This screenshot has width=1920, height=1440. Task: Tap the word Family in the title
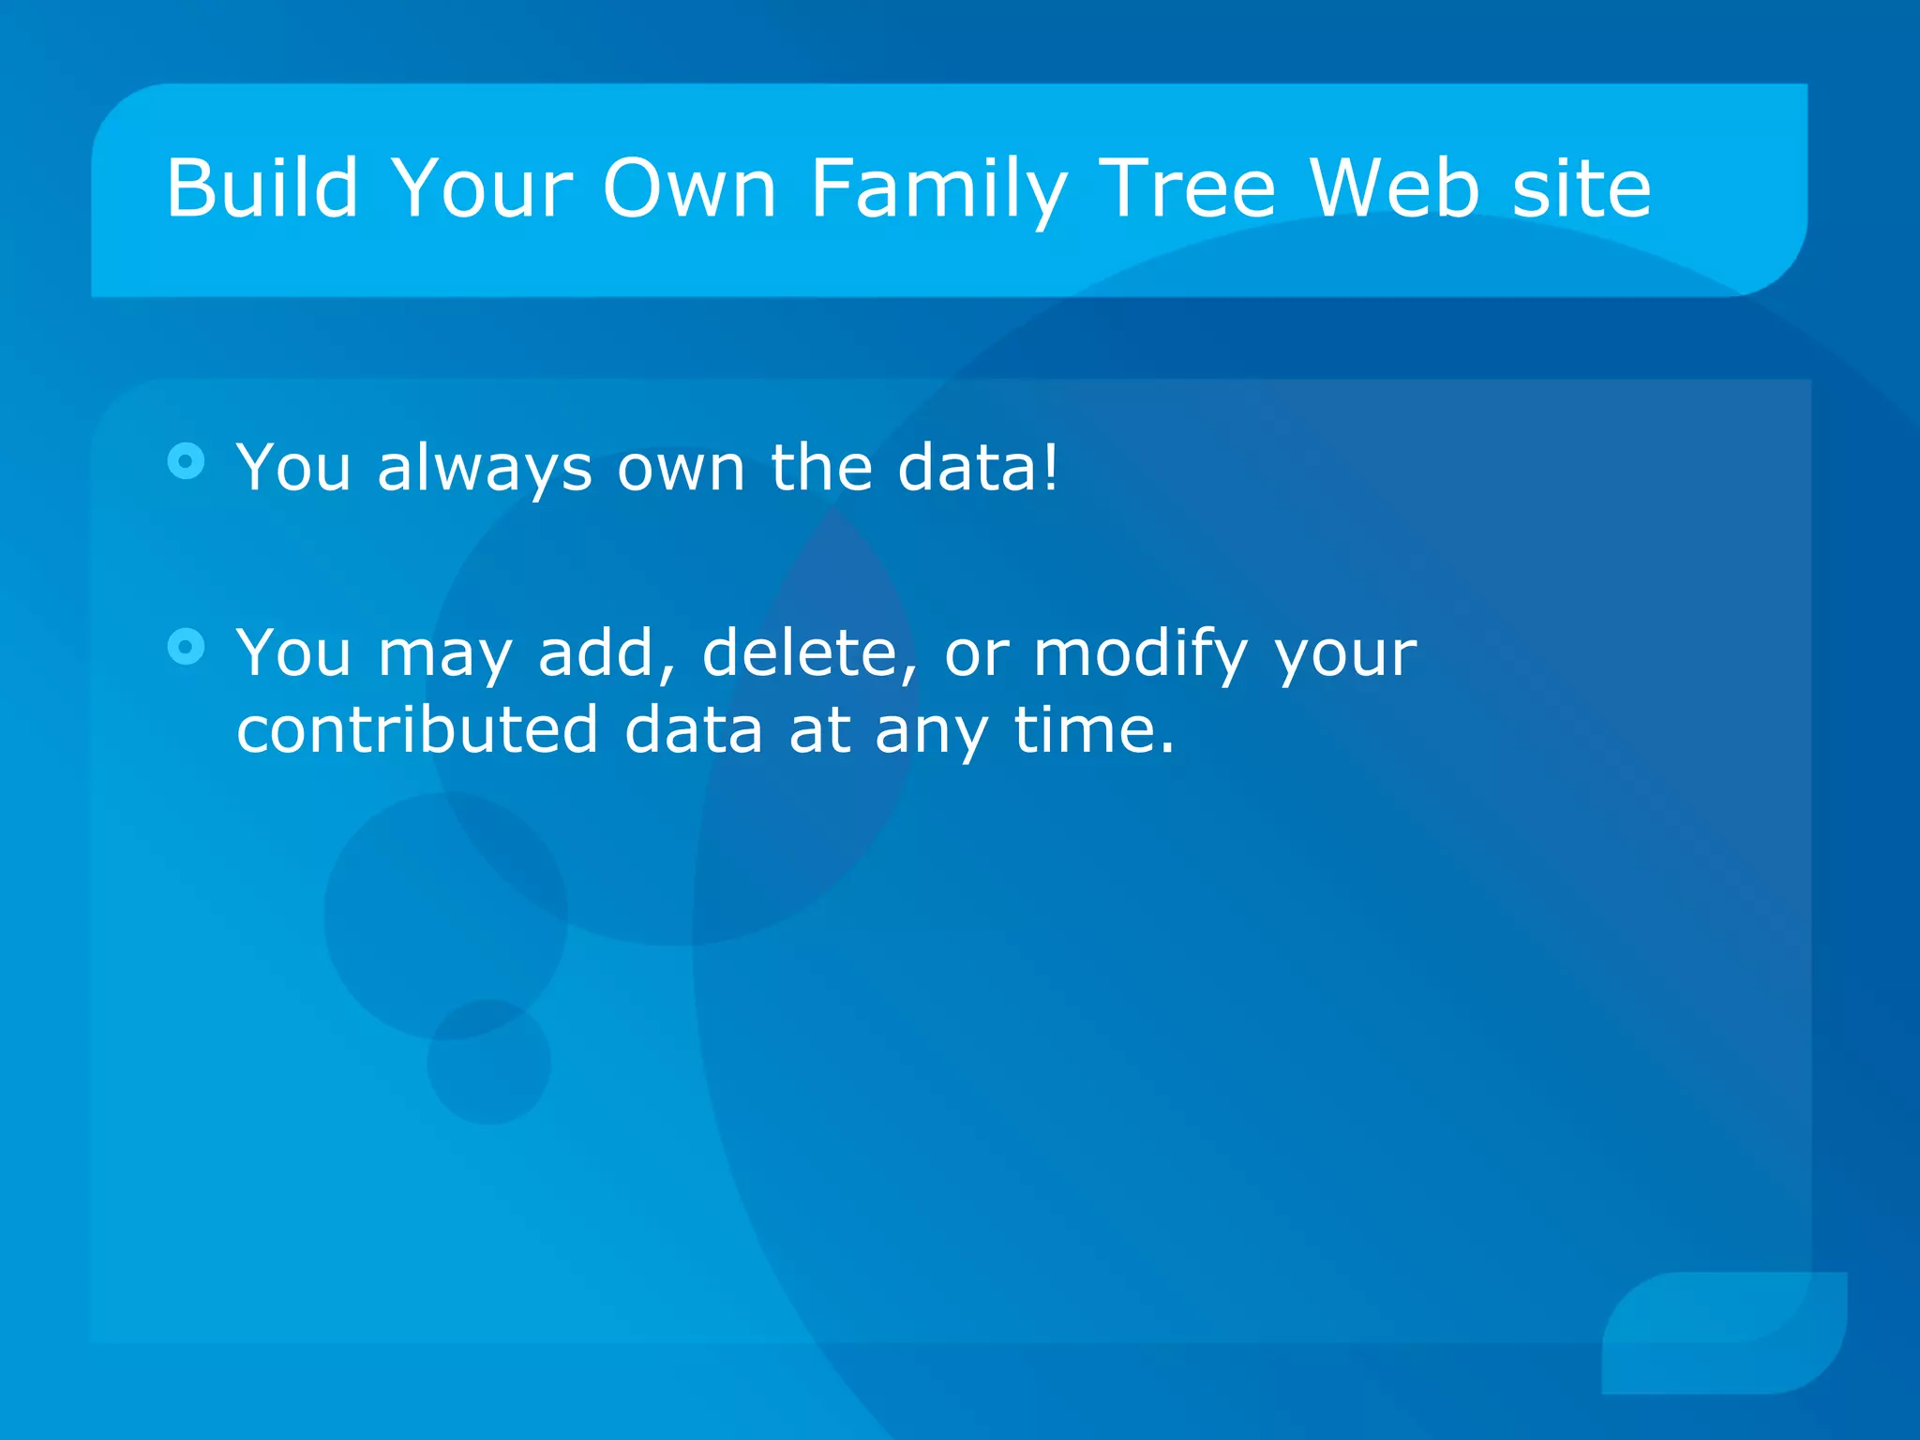tap(937, 190)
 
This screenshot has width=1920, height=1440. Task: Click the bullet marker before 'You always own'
tap(186, 461)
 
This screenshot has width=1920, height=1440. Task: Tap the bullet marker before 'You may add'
tap(186, 646)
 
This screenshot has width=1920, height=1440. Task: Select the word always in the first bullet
tap(484, 469)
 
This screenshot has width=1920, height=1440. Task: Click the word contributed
tap(416, 728)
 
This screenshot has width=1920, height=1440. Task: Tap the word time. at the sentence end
tap(1093, 728)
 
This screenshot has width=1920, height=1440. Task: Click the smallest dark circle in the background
tap(488, 1061)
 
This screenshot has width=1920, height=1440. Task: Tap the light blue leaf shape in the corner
tap(1725, 1332)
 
